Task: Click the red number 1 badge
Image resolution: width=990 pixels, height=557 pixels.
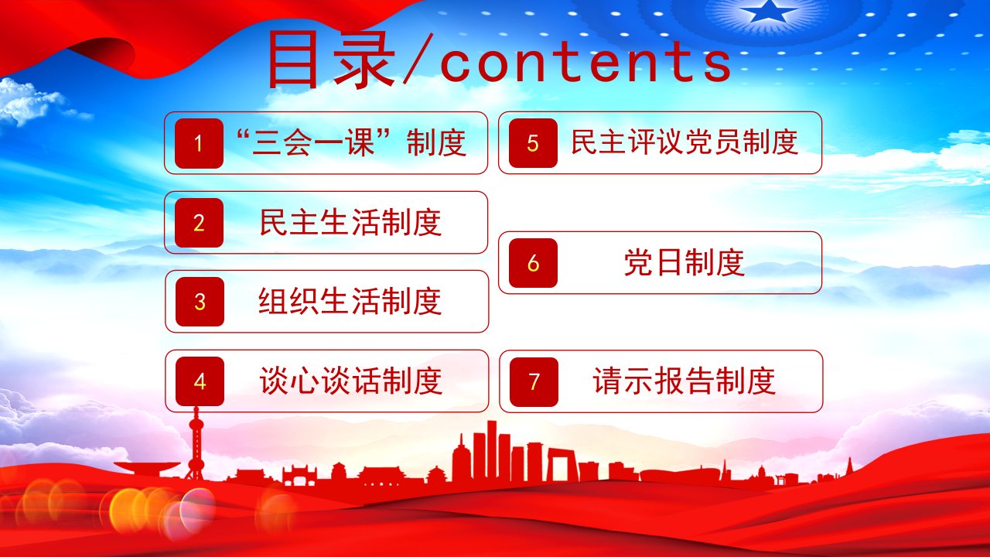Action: pyautogui.click(x=199, y=143)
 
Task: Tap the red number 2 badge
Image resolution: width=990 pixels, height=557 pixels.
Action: pyautogui.click(x=199, y=223)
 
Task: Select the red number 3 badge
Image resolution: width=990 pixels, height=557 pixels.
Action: pyautogui.click(x=200, y=302)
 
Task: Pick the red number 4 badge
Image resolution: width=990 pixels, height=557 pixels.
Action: pyautogui.click(x=200, y=381)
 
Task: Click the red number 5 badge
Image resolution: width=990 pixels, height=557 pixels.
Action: pyautogui.click(x=533, y=143)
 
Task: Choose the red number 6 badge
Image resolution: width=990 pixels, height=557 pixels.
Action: pyautogui.click(x=533, y=263)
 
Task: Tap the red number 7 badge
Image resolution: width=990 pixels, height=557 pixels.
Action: pyautogui.click(x=534, y=382)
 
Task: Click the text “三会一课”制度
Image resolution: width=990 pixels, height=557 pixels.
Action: pyautogui.click(x=351, y=143)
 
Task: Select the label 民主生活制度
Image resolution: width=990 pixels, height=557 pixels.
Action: pyautogui.click(x=350, y=222)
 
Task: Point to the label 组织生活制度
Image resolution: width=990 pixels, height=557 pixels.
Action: pyautogui.click(x=350, y=302)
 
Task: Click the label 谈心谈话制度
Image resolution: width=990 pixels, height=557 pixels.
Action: pyautogui.click(x=351, y=381)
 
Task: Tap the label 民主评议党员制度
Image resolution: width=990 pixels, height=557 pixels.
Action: pyautogui.click(x=684, y=142)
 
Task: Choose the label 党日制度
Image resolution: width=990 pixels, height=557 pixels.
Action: pyautogui.click(x=684, y=262)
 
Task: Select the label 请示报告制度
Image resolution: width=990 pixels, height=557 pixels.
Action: pyautogui.click(x=684, y=381)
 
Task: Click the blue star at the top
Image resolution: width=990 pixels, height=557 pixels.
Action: pyautogui.click(x=768, y=10)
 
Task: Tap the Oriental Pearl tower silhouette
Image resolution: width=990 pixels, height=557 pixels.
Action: pyautogui.click(x=196, y=444)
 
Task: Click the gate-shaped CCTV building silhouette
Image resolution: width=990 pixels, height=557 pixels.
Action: pyautogui.click(x=562, y=465)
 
